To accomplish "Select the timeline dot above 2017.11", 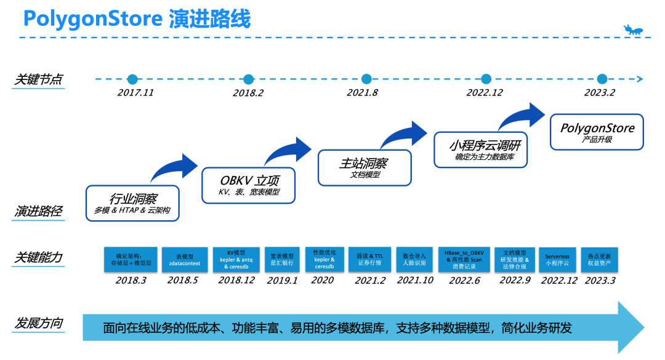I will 132,79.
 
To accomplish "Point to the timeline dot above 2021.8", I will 366,79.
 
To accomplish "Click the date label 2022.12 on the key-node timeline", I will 485,93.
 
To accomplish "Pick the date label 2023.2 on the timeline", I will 598,93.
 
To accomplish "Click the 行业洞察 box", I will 133,203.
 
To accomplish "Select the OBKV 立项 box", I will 249,185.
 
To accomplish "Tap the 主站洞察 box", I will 365,167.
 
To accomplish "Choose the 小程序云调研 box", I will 480,150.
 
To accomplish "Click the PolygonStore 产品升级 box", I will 597,132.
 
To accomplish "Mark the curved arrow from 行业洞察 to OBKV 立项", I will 174,166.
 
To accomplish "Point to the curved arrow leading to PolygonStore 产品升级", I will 522,116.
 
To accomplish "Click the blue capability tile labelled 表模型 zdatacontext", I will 185,260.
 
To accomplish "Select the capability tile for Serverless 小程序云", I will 557,260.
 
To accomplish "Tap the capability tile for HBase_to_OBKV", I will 464,260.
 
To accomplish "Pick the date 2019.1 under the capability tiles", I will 282,280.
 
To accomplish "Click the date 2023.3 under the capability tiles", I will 599,280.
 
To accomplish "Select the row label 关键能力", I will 38,258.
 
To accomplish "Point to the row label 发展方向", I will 38,323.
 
